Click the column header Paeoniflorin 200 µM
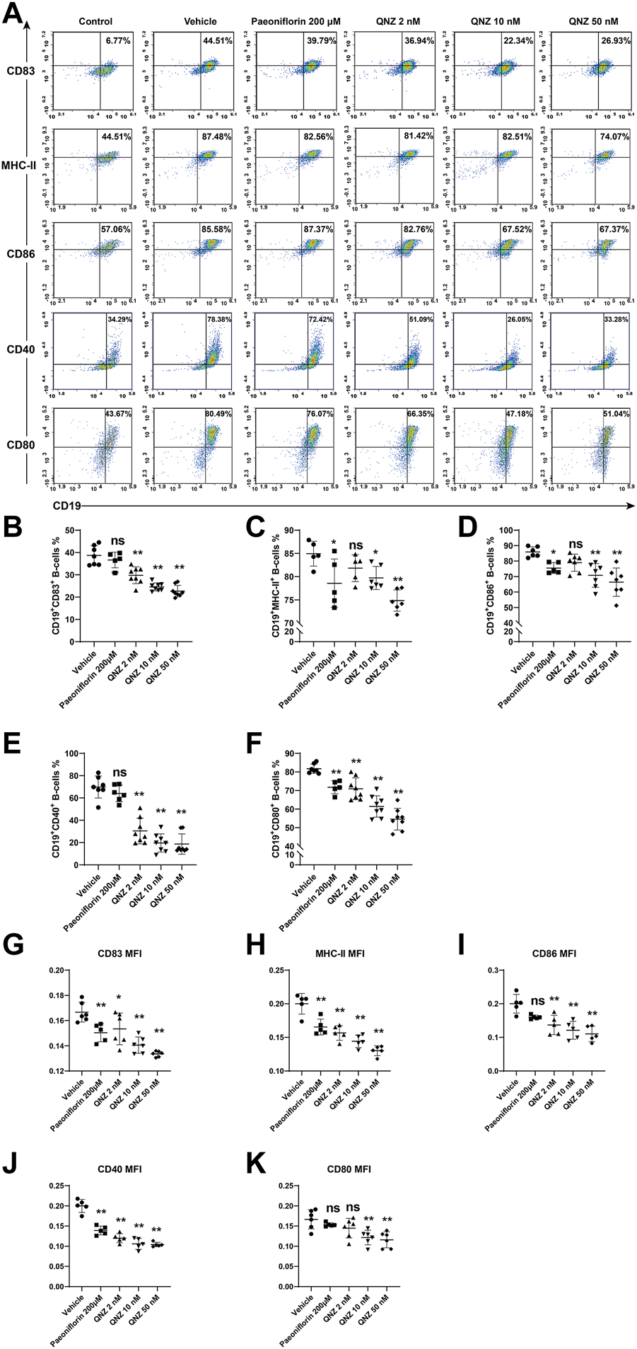296,22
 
